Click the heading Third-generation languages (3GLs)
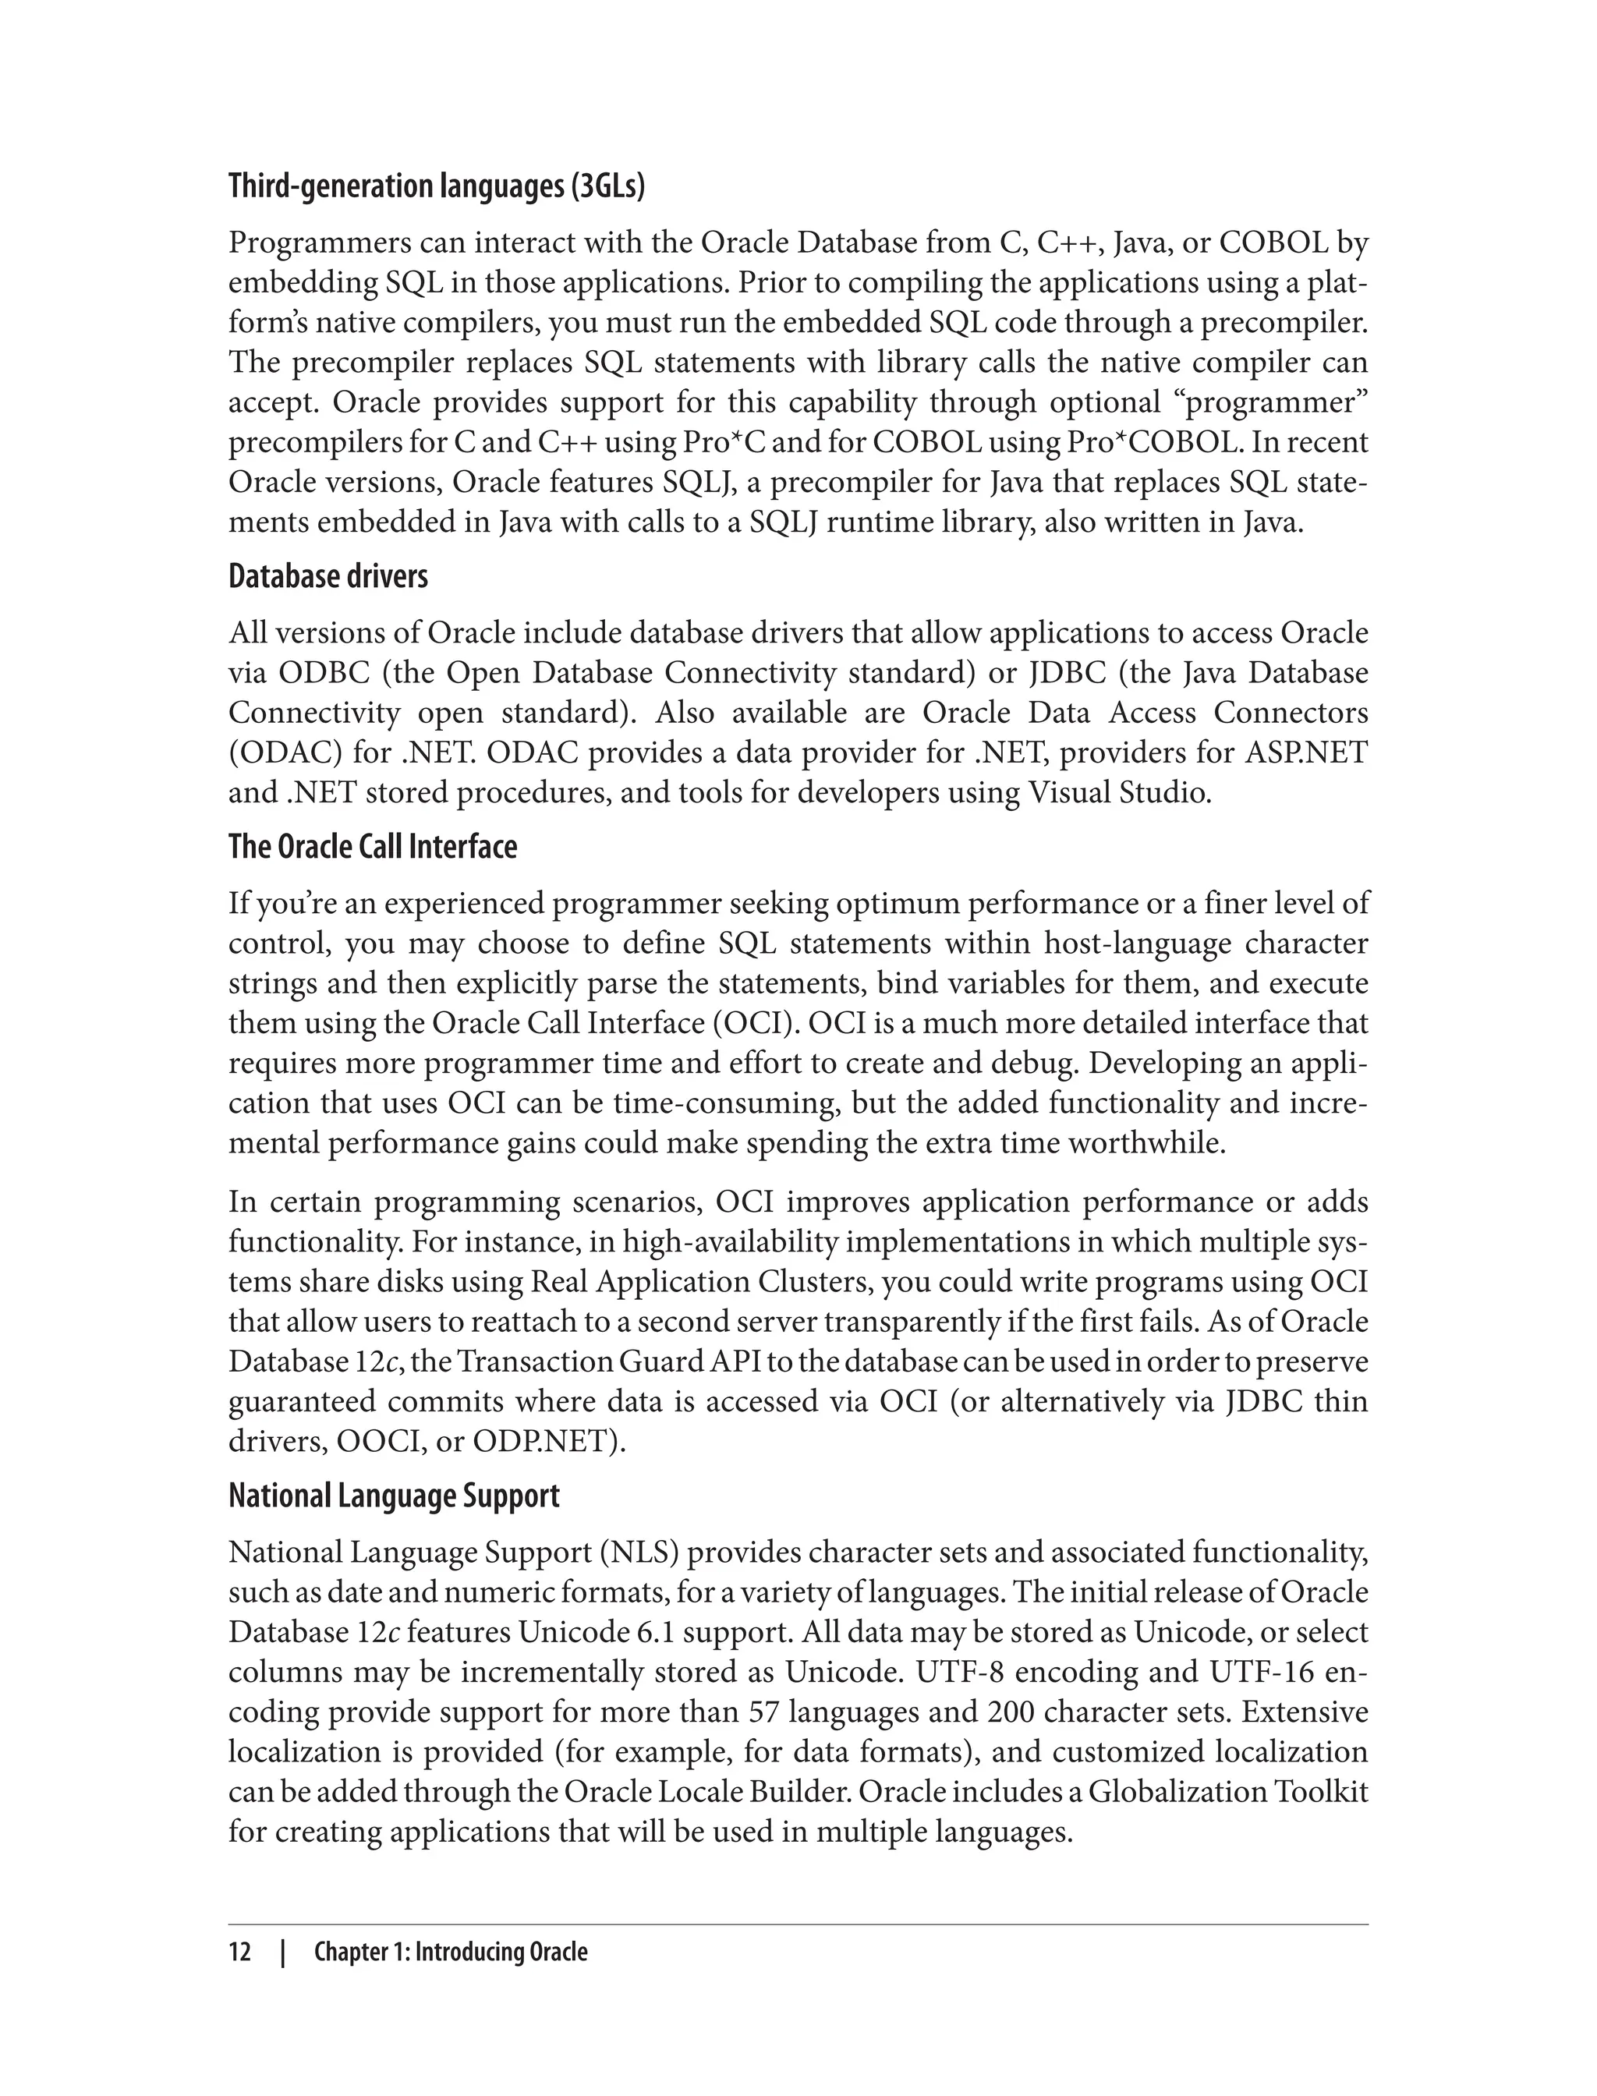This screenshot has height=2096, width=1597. click(437, 187)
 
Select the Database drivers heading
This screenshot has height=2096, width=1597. click(328, 577)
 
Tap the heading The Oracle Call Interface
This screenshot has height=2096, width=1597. click(373, 847)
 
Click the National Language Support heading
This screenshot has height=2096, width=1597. click(394, 1496)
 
